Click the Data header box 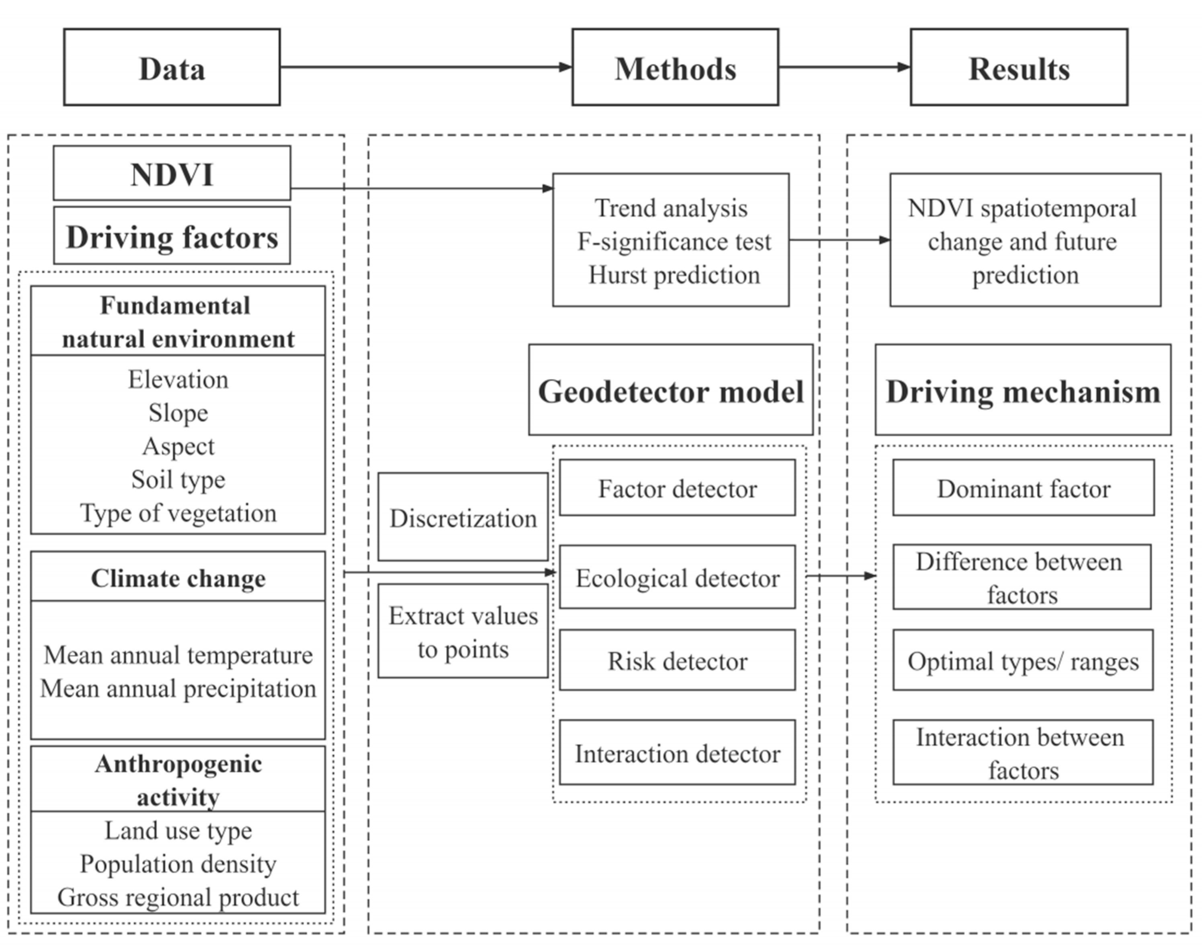coord(172,67)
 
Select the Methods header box coord(675,67)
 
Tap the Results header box coord(1019,67)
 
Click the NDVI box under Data coord(172,173)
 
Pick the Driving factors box coord(172,236)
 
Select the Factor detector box coord(677,487)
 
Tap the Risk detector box coord(677,660)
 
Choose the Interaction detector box coord(677,753)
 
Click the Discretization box coord(463,517)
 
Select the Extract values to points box coord(463,631)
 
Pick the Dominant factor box coord(1023,487)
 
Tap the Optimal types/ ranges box coord(1022,660)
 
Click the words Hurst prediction coord(674,275)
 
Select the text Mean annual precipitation coord(178,688)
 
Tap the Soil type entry coord(178,479)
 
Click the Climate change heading coord(178,577)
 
